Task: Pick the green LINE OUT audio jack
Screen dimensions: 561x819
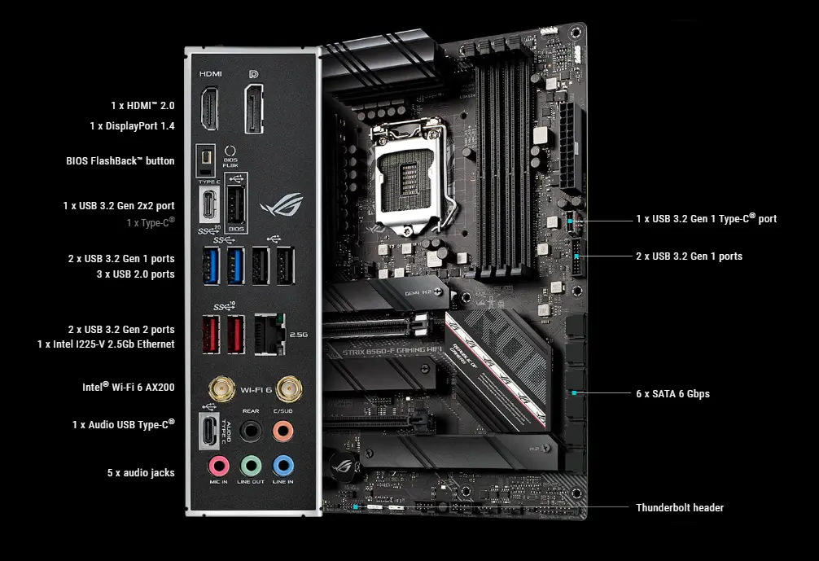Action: pyautogui.click(x=251, y=465)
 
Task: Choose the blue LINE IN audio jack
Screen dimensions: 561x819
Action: pyautogui.click(x=282, y=465)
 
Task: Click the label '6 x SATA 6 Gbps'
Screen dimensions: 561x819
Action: pyautogui.click(x=672, y=394)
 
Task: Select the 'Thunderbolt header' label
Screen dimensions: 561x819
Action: pyautogui.click(x=680, y=508)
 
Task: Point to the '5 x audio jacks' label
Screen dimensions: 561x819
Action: pyautogui.click(x=141, y=472)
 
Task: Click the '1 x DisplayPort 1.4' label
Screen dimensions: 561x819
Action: pyautogui.click(x=132, y=126)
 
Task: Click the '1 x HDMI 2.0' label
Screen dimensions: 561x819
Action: pyautogui.click(x=142, y=106)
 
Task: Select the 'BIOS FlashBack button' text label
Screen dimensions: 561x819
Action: pyautogui.click(x=120, y=161)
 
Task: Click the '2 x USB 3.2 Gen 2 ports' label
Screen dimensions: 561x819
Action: pyautogui.click(x=121, y=330)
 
